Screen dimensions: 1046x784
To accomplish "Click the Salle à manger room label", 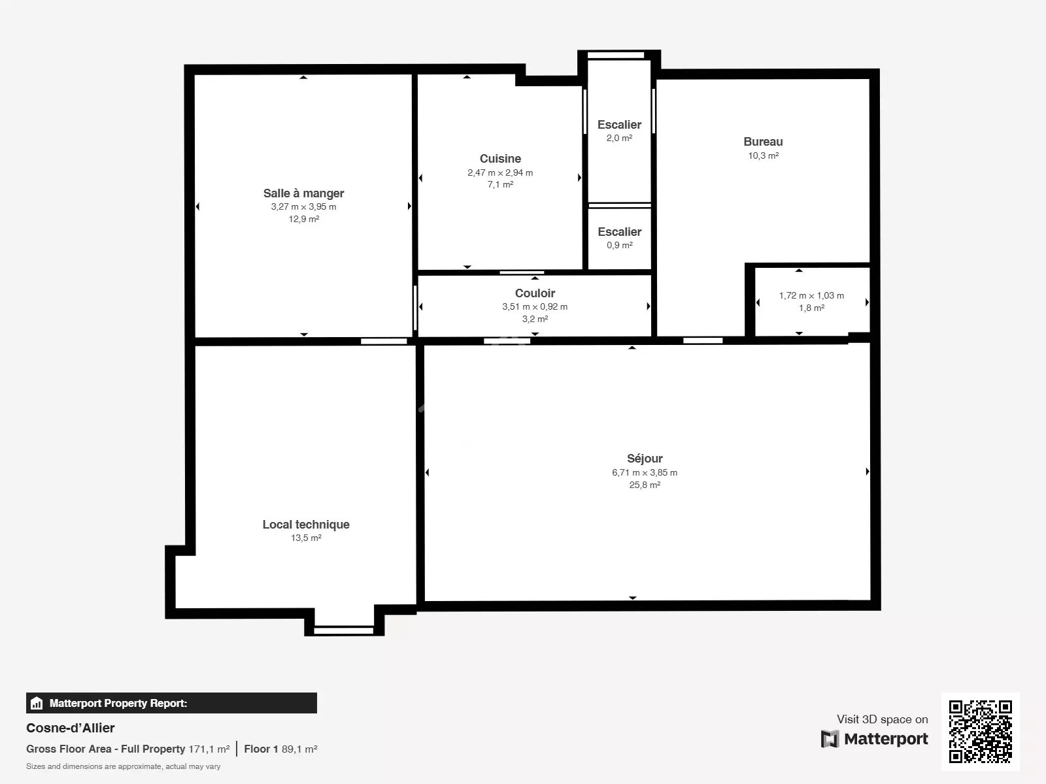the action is (x=303, y=193).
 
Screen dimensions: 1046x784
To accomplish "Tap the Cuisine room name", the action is (x=500, y=159).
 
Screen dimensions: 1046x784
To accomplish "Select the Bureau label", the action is (x=763, y=142).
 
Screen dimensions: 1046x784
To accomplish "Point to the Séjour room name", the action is (x=645, y=459).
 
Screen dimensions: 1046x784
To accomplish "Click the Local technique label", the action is (x=306, y=525).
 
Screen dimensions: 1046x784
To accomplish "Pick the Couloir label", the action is (x=535, y=293).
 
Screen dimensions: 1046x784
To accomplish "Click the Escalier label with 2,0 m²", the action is (x=620, y=125).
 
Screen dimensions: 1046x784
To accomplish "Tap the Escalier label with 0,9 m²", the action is (x=620, y=232).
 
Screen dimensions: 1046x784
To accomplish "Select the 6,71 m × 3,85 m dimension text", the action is (x=645, y=472).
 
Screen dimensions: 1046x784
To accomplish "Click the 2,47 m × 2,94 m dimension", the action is (x=500, y=172).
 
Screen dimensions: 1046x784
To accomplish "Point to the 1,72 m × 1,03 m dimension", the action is (x=811, y=295).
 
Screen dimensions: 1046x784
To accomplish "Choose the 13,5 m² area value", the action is (x=306, y=538).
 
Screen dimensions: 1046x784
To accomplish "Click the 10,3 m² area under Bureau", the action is (x=763, y=155).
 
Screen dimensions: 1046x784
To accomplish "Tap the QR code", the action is (x=980, y=731).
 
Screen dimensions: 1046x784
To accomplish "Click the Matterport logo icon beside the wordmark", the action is (x=830, y=739).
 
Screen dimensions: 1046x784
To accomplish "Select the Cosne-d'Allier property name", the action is (x=70, y=728).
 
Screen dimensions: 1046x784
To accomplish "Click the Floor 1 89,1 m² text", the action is (x=280, y=749).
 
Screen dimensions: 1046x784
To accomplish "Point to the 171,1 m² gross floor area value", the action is (x=209, y=749).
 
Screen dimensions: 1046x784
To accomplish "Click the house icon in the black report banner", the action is (x=36, y=703).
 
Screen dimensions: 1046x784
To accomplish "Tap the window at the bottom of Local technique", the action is (x=344, y=630).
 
